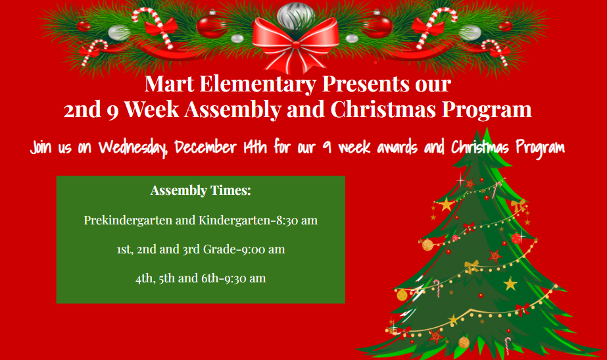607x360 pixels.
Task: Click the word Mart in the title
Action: coord(169,84)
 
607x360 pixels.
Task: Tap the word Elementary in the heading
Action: coord(258,84)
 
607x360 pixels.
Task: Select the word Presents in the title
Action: coord(366,84)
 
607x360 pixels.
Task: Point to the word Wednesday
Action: coord(133,148)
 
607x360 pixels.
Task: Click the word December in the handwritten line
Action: coord(205,147)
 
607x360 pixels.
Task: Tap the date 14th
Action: coord(255,147)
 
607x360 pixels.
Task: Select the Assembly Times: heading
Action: coord(201,190)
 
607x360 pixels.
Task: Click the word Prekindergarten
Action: coord(128,220)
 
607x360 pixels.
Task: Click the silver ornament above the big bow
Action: coord(296,16)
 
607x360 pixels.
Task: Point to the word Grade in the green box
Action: coord(220,249)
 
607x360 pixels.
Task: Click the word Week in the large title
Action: coord(151,109)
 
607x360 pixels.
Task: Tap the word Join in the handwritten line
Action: coord(41,147)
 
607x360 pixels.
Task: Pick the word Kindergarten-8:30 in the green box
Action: coord(250,220)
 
